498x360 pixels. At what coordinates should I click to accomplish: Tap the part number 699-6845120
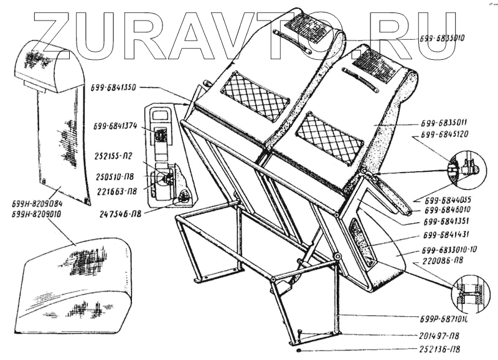point(444,134)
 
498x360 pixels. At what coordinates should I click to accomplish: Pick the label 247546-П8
point(121,213)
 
